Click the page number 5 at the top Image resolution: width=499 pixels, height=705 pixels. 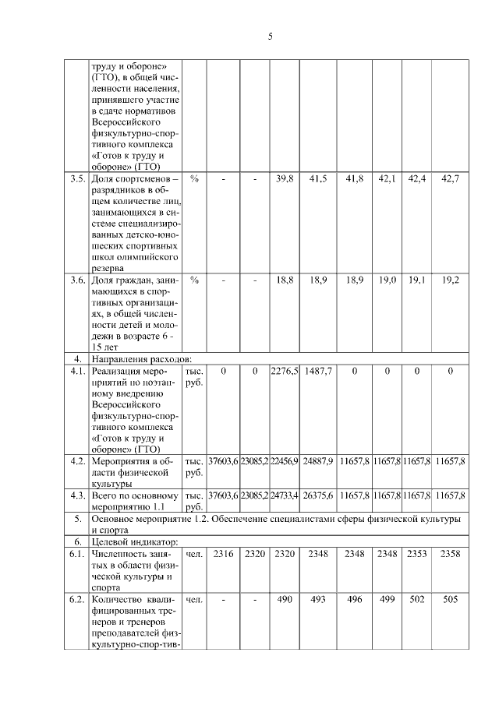(270, 36)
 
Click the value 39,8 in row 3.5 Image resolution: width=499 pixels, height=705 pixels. (285, 179)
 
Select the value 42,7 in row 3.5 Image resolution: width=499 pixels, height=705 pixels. (450, 179)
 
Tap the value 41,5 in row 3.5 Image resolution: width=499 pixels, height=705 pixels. (318, 179)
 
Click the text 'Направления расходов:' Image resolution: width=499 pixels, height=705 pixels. (140, 359)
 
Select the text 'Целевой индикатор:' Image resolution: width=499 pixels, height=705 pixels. (134, 541)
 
